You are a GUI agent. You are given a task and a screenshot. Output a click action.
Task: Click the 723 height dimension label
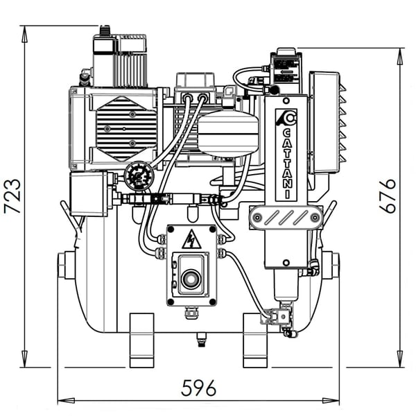[12, 196]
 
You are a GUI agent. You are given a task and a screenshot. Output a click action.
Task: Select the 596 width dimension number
[198, 387]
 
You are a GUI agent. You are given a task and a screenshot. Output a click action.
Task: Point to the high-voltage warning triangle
[191, 241]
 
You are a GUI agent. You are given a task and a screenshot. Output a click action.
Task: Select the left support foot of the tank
[141, 340]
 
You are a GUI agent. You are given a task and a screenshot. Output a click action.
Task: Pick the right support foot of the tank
[255, 340]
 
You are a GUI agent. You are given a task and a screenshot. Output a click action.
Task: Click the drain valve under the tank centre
[202, 338]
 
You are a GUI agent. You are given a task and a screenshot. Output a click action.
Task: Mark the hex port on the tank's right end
[333, 265]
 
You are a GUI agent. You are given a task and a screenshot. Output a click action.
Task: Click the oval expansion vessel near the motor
[229, 133]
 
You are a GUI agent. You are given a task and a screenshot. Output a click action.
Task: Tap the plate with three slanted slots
[286, 217]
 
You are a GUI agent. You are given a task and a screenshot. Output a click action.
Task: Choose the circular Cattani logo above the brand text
[287, 119]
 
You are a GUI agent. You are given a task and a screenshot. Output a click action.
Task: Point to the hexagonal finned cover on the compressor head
[127, 128]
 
